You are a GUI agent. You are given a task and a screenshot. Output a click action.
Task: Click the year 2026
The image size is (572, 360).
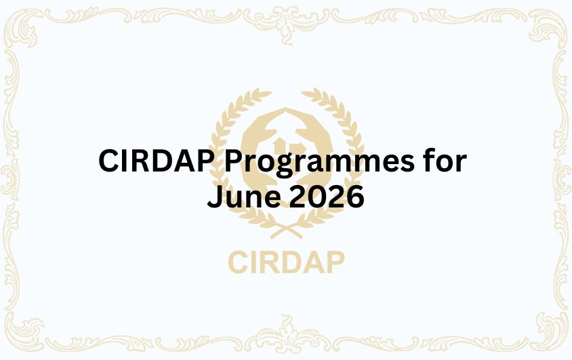point(325,197)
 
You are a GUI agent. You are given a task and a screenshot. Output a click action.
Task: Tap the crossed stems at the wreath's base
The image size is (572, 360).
point(286,231)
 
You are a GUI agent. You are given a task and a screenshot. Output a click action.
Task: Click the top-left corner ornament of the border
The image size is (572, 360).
point(27,27)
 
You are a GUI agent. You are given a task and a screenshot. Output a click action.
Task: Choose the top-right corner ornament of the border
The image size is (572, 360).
point(545,27)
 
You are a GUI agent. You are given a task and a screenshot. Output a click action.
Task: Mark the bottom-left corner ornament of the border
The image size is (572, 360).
point(27,333)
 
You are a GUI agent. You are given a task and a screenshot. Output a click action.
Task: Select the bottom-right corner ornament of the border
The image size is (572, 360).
point(545,333)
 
